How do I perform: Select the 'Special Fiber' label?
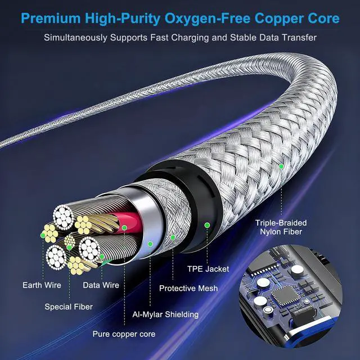click(69, 307)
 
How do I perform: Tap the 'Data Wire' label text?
click(101, 285)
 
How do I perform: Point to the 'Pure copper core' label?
click(124, 334)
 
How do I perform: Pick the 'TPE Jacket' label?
click(208, 269)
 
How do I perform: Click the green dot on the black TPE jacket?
click(206, 225)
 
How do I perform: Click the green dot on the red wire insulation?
click(124, 228)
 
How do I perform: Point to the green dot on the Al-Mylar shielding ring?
click(150, 244)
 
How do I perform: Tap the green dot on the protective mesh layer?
click(173, 238)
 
